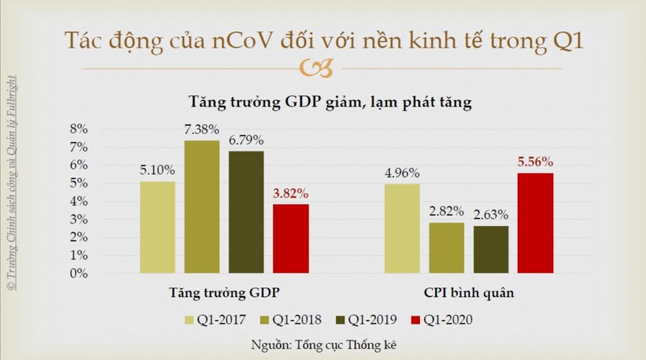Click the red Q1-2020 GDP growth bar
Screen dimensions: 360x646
[x=291, y=239]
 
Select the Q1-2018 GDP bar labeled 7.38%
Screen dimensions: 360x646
[x=202, y=207]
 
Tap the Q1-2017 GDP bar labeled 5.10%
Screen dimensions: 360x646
[x=157, y=228]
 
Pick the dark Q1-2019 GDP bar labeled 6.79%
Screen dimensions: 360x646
[x=246, y=212]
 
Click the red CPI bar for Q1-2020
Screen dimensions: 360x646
[x=535, y=224]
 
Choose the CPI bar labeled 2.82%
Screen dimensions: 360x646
[x=447, y=248]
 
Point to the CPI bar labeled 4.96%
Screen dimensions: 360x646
[x=402, y=228]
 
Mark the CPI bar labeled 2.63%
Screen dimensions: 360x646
[x=491, y=249]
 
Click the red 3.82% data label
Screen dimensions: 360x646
[x=291, y=195]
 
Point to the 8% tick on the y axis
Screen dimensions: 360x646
[x=78, y=129]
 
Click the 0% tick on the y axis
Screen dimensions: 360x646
[x=78, y=274]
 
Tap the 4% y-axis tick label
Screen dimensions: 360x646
[x=78, y=202]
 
